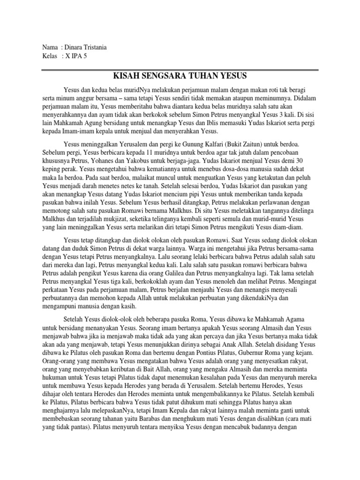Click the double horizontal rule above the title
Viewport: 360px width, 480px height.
click(180, 68)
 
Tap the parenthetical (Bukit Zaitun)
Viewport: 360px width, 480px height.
click(250, 144)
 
